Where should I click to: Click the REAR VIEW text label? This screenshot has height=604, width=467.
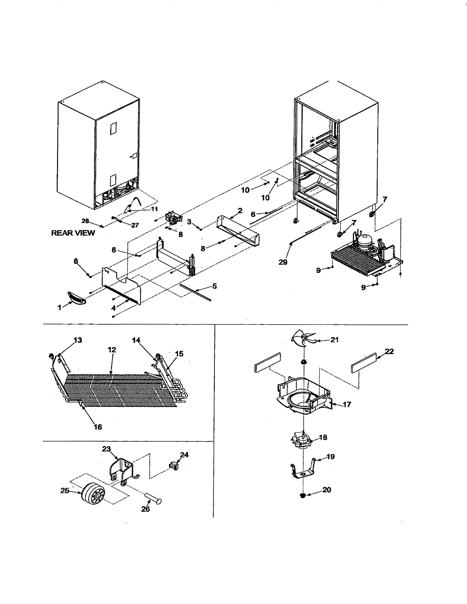point(73,233)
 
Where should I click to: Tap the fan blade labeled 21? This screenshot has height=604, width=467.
point(302,339)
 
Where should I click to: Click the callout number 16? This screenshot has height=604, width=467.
point(97,427)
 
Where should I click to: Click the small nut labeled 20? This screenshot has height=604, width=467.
point(303,496)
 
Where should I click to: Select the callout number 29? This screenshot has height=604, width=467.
point(283,262)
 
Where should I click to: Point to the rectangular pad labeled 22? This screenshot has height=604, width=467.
point(364,363)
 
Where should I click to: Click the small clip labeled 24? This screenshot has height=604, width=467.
point(174,466)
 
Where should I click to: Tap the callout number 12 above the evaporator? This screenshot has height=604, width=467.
point(112,350)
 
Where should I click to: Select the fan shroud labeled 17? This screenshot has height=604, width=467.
point(304,397)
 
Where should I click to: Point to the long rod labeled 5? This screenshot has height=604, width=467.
point(195,292)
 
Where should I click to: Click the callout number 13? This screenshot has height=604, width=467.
point(78,340)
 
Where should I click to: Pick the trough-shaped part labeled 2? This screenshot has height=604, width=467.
point(238,229)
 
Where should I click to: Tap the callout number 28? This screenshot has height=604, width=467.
point(85,221)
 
